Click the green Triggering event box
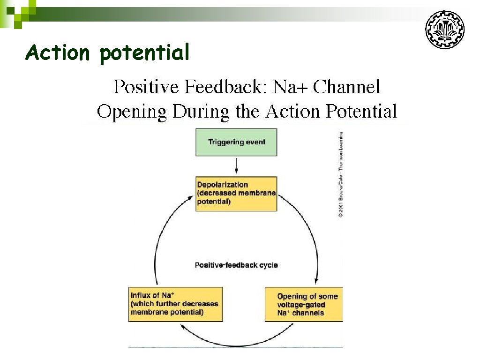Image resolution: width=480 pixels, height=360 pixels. click(x=236, y=142)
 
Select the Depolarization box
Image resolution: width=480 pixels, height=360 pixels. click(x=236, y=194)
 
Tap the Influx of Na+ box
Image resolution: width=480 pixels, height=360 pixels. click(x=175, y=304)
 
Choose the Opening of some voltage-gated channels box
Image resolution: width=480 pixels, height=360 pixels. click(x=304, y=304)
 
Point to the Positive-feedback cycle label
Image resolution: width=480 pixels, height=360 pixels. click(x=236, y=265)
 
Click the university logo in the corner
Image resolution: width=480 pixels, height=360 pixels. click(x=444, y=30)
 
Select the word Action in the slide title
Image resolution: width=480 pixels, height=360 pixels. click(x=57, y=52)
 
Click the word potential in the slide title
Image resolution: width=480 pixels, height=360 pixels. click(x=144, y=52)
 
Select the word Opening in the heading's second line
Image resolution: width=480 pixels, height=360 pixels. click(x=132, y=112)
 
